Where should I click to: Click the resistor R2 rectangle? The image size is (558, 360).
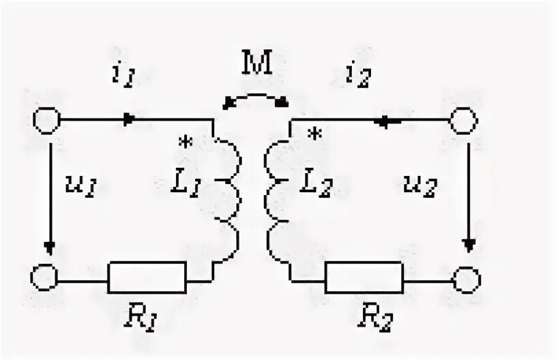click(x=364, y=277)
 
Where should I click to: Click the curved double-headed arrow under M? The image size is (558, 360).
click(x=257, y=97)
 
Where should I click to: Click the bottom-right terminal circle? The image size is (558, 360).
click(x=469, y=279)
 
